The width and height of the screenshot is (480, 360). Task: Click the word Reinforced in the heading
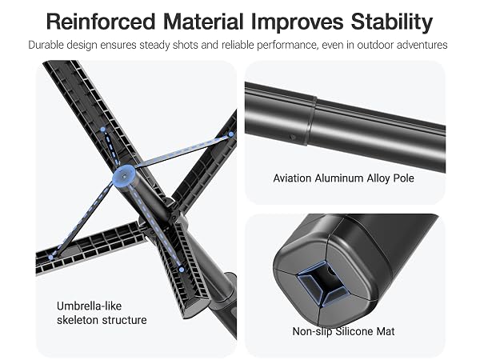[101, 22]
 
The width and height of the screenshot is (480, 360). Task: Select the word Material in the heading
[203, 22]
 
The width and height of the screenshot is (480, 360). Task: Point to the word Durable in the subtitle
[46, 45]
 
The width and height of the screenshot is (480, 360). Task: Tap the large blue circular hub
[124, 176]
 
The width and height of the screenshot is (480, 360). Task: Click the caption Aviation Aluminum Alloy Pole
[343, 178]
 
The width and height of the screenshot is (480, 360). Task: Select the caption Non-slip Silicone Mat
[343, 331]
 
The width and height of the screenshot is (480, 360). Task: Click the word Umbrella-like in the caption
[89, 306]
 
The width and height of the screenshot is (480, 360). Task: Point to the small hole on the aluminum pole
[293, 138]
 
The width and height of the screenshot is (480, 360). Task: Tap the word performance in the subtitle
[286, 46]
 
